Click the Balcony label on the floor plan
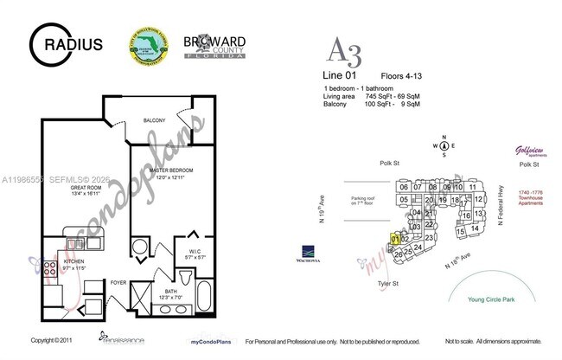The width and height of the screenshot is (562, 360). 156,119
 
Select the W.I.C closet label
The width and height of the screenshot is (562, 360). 195,253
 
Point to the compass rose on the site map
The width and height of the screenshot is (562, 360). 444,145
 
